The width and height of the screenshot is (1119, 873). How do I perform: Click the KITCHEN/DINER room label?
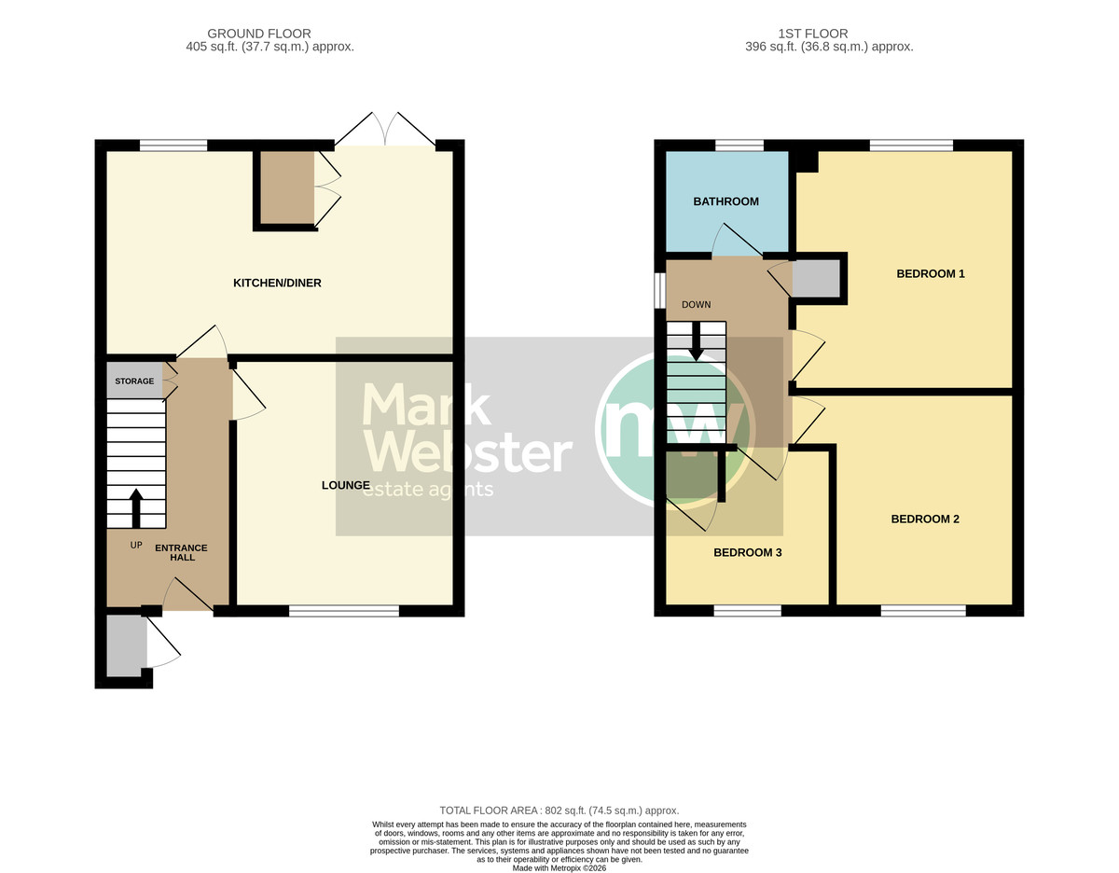click(277, 283)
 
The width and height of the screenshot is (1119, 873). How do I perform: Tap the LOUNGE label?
click(346, 485)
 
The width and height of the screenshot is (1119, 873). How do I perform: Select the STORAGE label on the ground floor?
click(134, 381)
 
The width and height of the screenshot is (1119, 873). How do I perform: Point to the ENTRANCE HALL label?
click(181, 552)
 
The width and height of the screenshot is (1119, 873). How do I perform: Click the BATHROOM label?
click(725, 201)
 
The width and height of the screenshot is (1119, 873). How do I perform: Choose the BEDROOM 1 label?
click(930, 273)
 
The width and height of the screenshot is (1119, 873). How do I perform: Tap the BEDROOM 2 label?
click(925, 519)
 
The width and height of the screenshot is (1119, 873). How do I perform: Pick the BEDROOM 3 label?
click(747, 553)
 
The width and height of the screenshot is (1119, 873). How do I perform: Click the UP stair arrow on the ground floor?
click(136, 508)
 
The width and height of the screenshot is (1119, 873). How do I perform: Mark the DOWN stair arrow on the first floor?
click(697, 341)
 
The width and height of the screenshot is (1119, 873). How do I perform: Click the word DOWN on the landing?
click(697, 304)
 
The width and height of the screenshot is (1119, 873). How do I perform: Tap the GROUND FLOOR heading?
click(259, 34)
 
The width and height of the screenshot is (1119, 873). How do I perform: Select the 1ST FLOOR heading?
click(812, 34)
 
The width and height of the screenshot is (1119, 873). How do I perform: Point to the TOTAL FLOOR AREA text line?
click(559, 811)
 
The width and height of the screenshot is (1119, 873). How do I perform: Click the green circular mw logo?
click(676, 428)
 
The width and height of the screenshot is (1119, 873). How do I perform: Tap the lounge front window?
click(344, 611)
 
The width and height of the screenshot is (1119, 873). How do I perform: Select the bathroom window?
click(739, 145)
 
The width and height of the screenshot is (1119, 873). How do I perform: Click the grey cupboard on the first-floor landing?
click(816, 278)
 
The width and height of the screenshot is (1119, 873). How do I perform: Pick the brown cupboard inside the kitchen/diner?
click(287, 187)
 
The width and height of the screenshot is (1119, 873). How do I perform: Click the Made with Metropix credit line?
click(559, 867)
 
